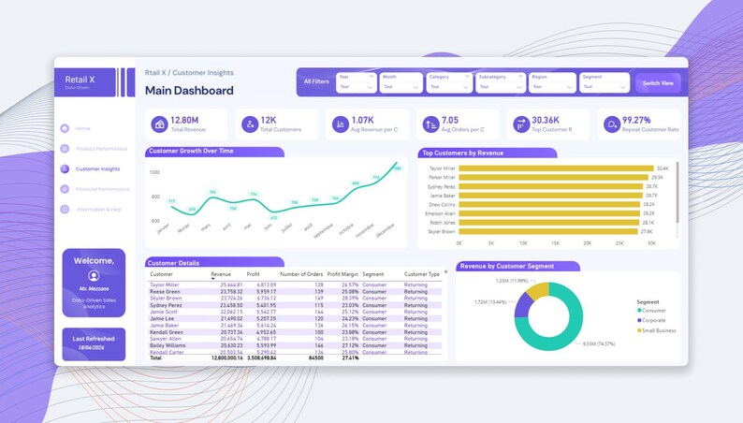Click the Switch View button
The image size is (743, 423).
tap(659, 82)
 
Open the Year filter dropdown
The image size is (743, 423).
tap(357, 82)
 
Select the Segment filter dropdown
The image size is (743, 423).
tap(604, 82)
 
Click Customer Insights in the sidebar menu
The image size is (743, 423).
tap(97, 169)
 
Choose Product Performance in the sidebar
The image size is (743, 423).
tap(101, 149)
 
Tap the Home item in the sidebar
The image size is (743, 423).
tap(82, 128)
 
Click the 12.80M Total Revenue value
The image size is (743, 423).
tap(184, 120)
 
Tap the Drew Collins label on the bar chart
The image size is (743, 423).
tap(443, 204)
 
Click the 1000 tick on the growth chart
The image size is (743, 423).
tap(154, 172)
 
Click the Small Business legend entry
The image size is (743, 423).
tap(658, 330)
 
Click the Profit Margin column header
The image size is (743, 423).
tap(342, 274)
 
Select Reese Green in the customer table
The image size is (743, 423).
tap(167, 291)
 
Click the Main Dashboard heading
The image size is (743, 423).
tap(189, 91)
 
